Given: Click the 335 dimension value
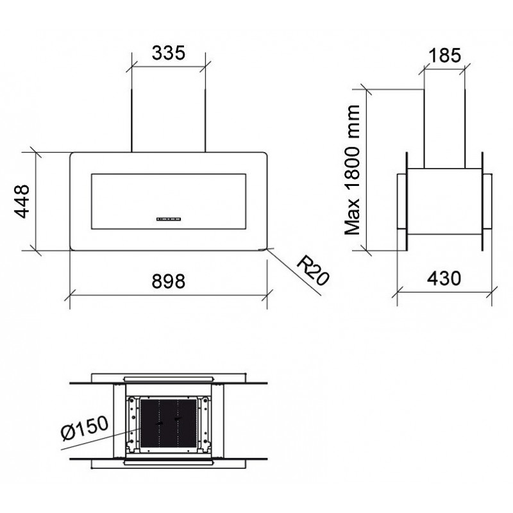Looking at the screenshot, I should [x=169, y=53].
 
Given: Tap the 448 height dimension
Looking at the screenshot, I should [x=23, y=201].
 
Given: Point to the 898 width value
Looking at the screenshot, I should [x=169, y=281].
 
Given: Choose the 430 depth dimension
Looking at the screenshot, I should [x=444, y=278].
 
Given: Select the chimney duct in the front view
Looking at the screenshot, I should [x=169, y=122].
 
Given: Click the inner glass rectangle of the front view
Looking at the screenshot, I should [x=169, y=200].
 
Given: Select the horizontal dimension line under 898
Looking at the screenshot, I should [x=169, y=295].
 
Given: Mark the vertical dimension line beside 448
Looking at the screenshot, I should [x=35, y=201].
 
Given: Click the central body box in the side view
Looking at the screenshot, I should [x=444, y=202].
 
